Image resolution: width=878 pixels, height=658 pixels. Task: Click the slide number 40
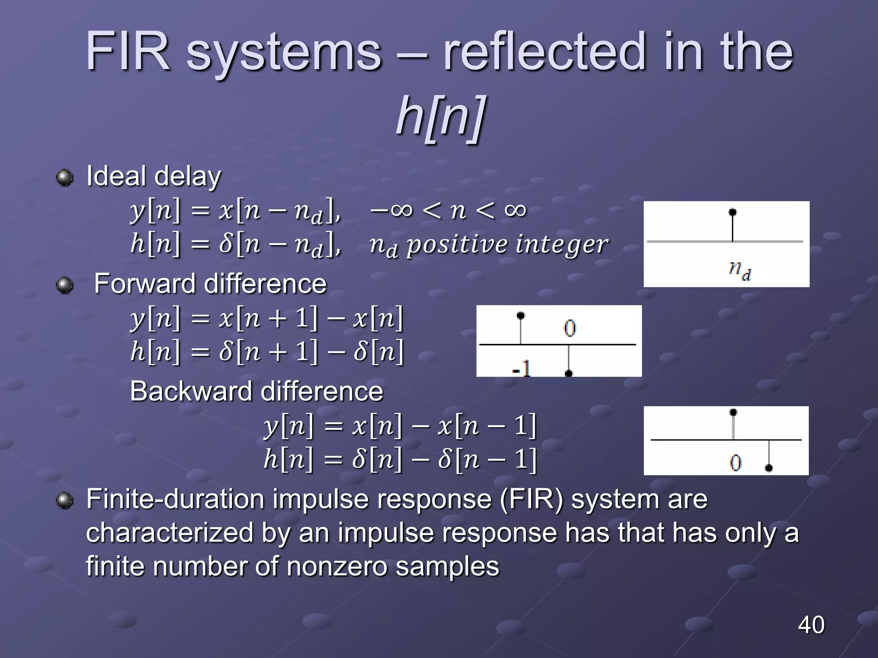pos(811,625)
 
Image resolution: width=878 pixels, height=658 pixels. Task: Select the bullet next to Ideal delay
pos(65,177)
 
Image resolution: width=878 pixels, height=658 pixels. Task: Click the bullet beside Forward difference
pos(65,285)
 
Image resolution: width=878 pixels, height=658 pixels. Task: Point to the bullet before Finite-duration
pos(65,500)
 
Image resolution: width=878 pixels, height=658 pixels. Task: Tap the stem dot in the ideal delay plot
pos(733,212)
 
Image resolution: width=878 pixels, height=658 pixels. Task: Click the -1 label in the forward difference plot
pos(522,368)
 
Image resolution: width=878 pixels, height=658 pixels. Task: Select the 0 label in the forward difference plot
pos(570,329)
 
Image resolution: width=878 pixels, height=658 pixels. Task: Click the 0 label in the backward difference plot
pos(736,463)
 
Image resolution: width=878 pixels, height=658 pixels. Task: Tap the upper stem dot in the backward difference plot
pos(733,412)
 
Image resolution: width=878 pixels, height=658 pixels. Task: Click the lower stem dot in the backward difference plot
pos(769,468)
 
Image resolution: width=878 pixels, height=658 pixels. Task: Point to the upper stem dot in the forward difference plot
pos(520,316)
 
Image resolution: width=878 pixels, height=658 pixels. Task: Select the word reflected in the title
pos(544,52)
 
